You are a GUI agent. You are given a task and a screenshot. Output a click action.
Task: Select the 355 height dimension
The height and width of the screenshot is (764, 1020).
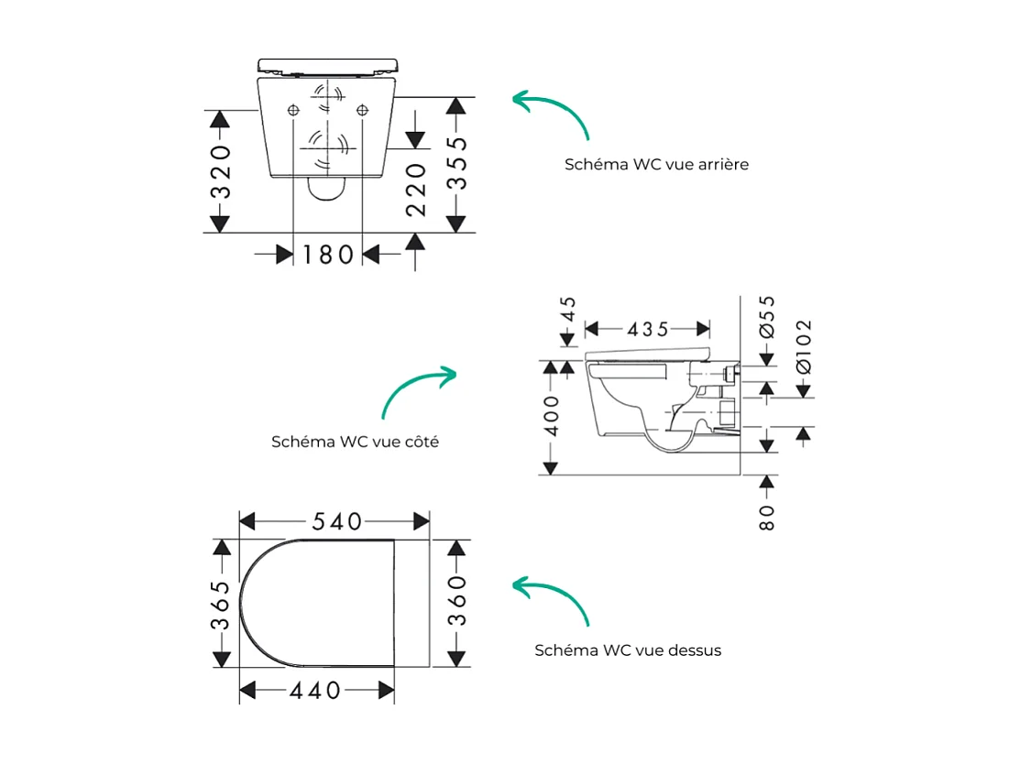(457, 163)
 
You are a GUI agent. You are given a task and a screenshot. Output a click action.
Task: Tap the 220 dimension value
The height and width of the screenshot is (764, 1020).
(416, 190)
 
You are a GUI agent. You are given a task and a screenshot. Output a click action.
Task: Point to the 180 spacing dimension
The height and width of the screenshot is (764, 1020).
(327, 255)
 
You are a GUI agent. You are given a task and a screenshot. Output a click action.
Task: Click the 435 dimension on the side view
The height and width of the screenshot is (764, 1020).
(648, 329)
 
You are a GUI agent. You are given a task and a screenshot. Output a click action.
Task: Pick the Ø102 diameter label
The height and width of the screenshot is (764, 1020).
(804, 345)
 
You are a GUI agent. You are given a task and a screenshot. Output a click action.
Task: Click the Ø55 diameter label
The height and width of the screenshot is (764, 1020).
(768, 317)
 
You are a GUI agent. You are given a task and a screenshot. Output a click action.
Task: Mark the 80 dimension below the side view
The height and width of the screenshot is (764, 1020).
(768, 517)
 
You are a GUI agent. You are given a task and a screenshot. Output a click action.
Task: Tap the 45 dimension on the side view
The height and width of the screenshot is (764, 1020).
(568, 309)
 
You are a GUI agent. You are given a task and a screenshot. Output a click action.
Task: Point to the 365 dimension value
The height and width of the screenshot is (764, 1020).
(220, 606)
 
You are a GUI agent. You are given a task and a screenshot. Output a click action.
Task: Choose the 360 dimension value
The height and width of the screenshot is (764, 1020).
(457, 601)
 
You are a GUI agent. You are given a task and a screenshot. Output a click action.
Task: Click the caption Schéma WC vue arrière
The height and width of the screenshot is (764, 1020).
(656, 164)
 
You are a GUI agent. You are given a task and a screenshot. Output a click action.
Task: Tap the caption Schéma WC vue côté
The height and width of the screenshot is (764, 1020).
(355, 442)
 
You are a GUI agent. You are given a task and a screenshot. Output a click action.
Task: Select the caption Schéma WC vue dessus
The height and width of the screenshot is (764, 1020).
(628, 650)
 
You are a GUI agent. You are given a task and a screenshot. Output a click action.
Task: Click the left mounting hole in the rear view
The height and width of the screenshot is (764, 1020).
(293, 111)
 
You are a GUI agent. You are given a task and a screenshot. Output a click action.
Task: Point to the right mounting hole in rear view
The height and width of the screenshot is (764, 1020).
(363, 111)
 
